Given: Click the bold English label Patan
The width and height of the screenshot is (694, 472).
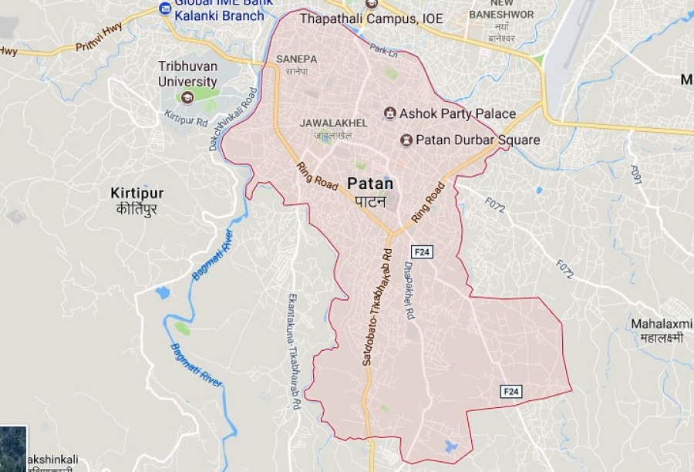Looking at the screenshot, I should pyautogui.click(x=370, y=184).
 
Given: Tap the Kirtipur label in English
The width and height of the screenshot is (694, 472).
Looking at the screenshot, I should pyautogui.click(x=136, y=193).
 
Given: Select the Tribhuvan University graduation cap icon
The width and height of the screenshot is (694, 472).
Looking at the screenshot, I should pyautogui.click(x=187, y=96).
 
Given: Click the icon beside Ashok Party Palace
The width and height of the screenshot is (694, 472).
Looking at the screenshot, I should pyautogui.click(x=390, y=113).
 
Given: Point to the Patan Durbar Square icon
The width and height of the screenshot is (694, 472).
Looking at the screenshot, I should pyautogui.click(x=406, y=140).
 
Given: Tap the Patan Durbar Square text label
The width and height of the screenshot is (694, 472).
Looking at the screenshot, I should pyautogui.click(x=477, y=140).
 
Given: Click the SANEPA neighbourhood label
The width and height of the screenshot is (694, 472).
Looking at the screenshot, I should pyautogui.click(x=296, y=59).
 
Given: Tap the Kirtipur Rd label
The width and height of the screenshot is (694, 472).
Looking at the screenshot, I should pyautogui.click(x=187, y=119).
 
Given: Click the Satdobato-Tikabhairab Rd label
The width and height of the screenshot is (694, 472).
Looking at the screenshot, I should pyautogui.click(x=377, y=307).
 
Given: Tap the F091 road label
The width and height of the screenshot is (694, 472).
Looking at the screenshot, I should pyautogui.click(x=636, y=174).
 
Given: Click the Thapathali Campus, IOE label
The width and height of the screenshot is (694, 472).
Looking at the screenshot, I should pyautogui.click(x=372, y=19).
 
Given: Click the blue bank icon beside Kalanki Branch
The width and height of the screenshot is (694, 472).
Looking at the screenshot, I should pyautogui.click(x=165, y=8).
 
